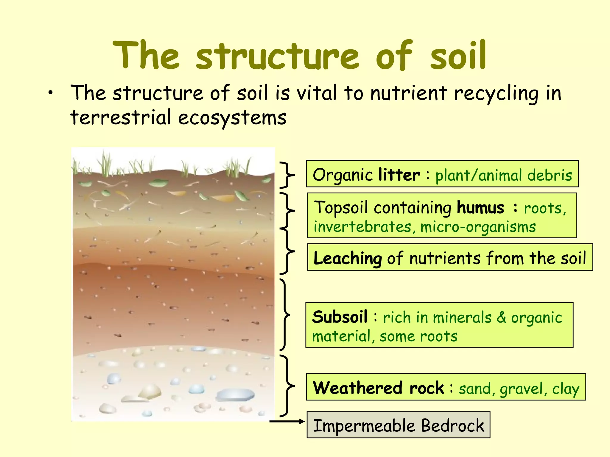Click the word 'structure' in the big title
click(277, 57)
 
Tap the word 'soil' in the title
click(458, 57)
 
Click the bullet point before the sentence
click(51, 93)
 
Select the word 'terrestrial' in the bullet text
click(121, 117)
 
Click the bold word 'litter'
click(399, 175)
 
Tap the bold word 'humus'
click(480, 207)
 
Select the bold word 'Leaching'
click(347, 258)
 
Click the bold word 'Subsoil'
click(340, 317)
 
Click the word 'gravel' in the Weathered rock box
click(521, 389)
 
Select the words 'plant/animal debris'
click(503, 175)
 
